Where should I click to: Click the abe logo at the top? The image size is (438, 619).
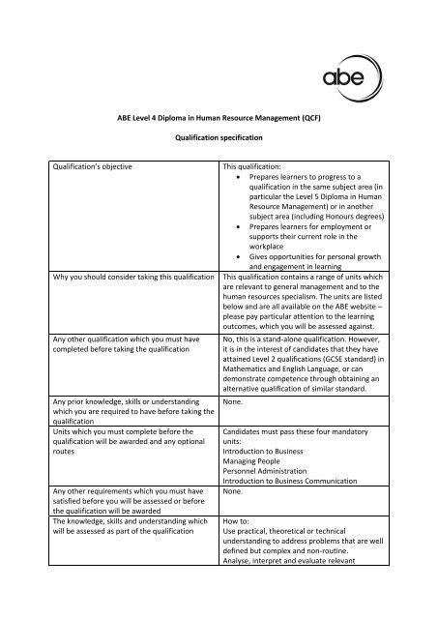pyautogui.click(x=363, y=72)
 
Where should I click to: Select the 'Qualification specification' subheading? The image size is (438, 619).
pyautogui.click(x=218, y=138)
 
